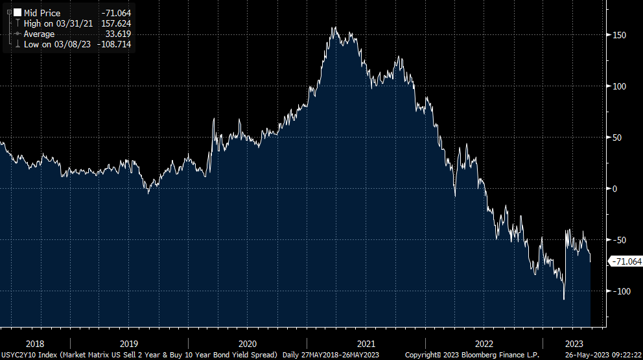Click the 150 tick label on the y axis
pyautogui.click(x=620, y=35)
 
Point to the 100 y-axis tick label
pyautogui.click(x=620, y=86)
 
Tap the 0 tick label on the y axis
pyautogui.click(x=616, y=189)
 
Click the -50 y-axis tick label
pyautogui.click(x=619, y=240)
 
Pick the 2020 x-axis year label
pyautogui.click(x=247, y=343)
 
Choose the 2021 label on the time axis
pyautogui.click(x=366, y=343)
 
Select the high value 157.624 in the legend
pyautogui.click(x=117, y=23)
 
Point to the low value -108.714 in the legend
pyautogui.click(x=115, y=44)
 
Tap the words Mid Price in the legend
pyautogui.click(x=42, y=13)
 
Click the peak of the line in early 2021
pyautogui.click(x=334, y=28)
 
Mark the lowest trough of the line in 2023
pyautogui.click(x=564, y=299)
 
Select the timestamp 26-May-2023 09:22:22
pyautogui.click(x=602, y=355)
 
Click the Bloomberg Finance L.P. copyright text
pyautogui.click(x=493, y=355)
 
